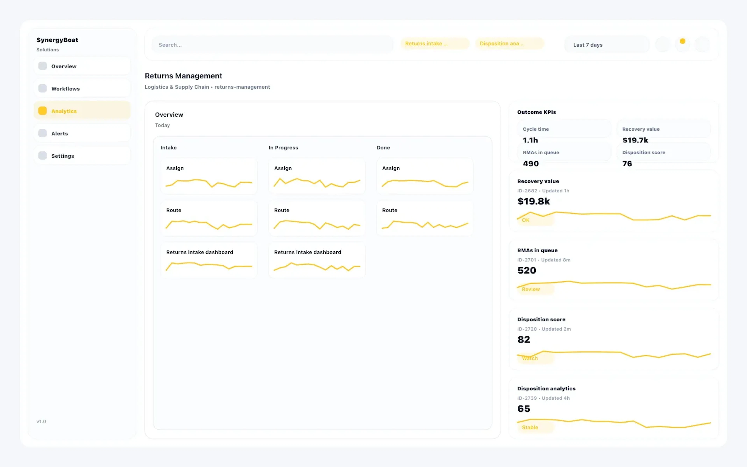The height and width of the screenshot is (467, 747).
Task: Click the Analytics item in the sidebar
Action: coord(82,111)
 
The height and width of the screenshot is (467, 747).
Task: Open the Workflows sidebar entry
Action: coord(82,89)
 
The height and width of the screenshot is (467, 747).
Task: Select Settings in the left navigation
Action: coord(82,156)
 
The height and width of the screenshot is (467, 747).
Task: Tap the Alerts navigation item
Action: coord(82,133)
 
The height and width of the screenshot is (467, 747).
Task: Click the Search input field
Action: coord(272,45)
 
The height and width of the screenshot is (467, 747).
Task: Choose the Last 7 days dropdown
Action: coord(606,45)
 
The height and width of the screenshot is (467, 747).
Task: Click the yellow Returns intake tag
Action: coord(434,44)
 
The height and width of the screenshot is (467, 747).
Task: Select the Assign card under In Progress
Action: coord(317,176)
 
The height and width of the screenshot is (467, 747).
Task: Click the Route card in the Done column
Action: coord(424,218)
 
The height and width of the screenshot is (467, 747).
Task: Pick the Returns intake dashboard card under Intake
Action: coord(209,260)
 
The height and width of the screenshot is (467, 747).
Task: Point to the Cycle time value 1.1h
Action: coord(530,140)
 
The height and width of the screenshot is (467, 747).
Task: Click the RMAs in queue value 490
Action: coord(531,164)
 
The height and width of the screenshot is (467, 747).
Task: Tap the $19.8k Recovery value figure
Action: coord(533,201)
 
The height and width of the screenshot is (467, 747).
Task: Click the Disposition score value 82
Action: coord(523,339)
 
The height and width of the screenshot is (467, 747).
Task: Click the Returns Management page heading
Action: coord(183,76)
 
